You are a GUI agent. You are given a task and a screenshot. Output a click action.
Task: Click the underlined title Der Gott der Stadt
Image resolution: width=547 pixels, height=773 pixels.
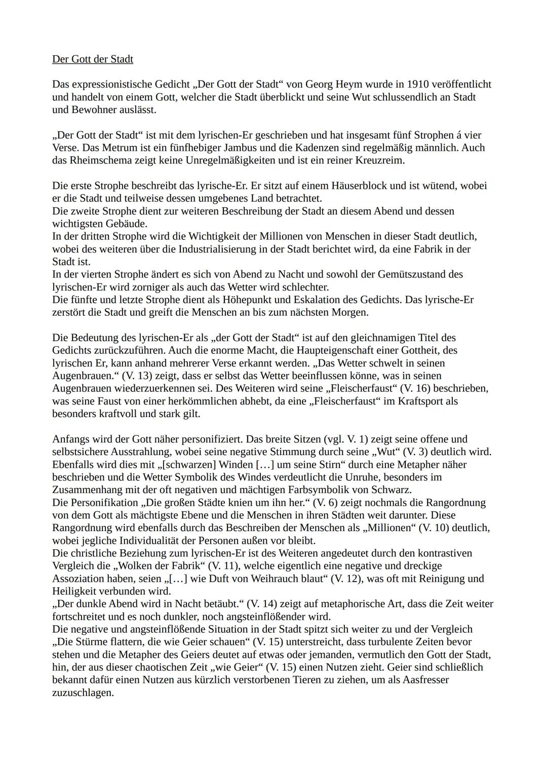93,59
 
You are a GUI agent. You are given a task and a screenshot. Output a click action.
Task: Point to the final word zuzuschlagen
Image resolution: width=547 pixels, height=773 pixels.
83,692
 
